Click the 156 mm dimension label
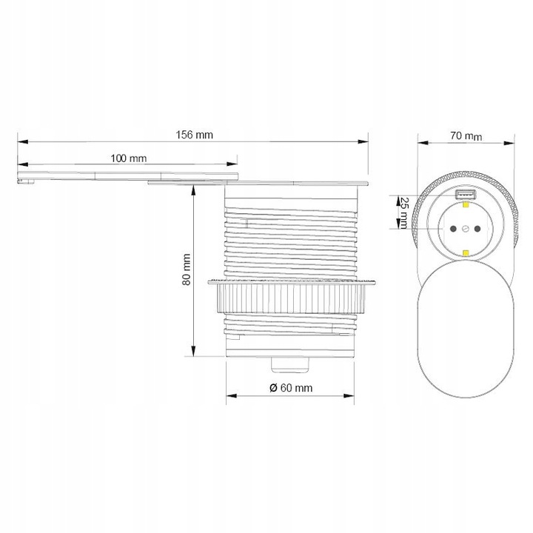[x=194, y=135]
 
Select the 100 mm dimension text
[x=128, y=158]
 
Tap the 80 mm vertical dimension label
[x=187, y=270]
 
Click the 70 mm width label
[x=466, y=135]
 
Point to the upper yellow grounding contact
[x=466, y=208]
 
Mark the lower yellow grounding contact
[x=466, y=252]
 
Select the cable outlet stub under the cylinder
[x=290, y=363]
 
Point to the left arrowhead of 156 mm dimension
[x=20, y=141]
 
